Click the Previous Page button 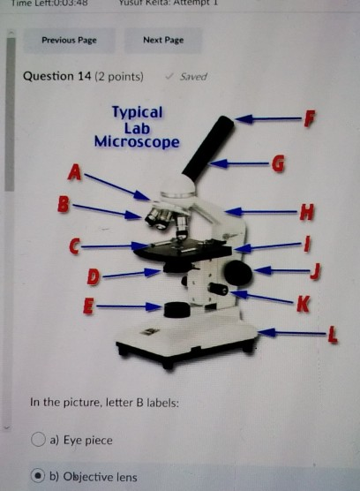tap(69, 40)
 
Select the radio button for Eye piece tap(39, 440)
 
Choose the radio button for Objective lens tap(39, 477)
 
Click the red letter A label tap(76, 174)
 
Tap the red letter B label tap(63, 205)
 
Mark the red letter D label tap(94, 277)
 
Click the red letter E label tap(86, 306)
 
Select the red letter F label tap(308, 117)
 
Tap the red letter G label tap(278, 162)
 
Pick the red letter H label tap(305, 211)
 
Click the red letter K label tap(302, 304)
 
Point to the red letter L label tap(332, 333)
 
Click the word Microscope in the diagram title tap(137, 142)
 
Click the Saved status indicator tap(187, 77)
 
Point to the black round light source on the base tap(177, 309)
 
